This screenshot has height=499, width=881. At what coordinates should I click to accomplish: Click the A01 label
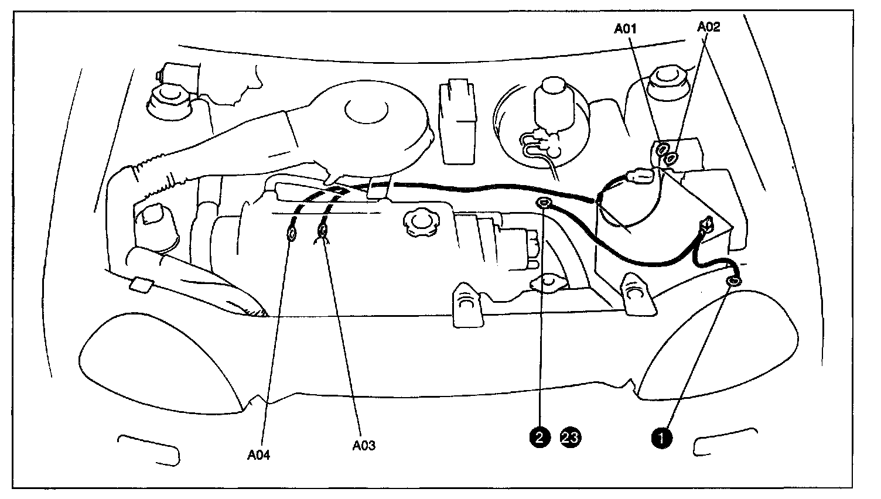(x=626, y=28)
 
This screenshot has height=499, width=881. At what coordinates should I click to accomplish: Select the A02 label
(x=709, y=26)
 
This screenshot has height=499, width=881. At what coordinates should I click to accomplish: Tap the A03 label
(x=364, y=445)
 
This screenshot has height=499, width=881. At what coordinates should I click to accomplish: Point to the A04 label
(x=258, y=455)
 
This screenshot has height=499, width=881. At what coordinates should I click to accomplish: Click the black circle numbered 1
(x=662, y=436)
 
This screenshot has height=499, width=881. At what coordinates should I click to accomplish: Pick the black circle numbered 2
(x=539, y=436)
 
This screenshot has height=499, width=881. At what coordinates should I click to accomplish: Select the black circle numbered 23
(x=571, y=436)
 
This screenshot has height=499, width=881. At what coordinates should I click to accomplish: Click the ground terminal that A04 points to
(x=291, y=235)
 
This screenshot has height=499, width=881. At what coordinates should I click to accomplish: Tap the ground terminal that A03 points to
(x=322, y=232)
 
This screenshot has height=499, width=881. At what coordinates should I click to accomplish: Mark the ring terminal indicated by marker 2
(x=543, y=203)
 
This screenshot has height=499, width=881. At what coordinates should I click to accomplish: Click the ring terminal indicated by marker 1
(x=733, y=283)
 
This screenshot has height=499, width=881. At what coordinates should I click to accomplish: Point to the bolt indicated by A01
(x=663, y=148)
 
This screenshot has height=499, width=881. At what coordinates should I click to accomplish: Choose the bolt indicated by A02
(x=672, y=157)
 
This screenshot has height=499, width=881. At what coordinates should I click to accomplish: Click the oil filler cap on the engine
(x=417, y=221)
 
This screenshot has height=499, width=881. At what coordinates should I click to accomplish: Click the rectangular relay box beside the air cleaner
(x=458, y=122)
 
